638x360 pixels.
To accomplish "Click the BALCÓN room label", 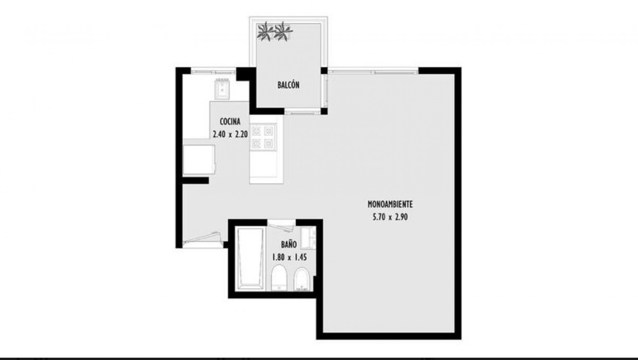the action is [289, 85].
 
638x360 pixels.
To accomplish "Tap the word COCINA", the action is [230, 122].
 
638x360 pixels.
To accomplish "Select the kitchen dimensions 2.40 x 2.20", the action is [230, 134].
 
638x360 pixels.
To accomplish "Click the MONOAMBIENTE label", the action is [390, 204].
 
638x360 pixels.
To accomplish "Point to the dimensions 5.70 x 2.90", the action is [390, 217].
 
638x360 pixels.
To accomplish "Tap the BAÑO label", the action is [289, 244].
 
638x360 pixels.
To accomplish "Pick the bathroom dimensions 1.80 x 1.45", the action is [289, 257].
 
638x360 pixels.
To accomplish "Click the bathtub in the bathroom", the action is [250, 259].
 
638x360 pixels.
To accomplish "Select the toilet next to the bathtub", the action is [279, 278].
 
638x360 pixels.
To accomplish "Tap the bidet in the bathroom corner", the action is [302, 279].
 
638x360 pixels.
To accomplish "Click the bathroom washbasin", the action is [308, 238].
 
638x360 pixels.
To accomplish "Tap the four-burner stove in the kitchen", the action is [263, 137].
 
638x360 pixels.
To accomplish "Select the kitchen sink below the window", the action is [222, 89].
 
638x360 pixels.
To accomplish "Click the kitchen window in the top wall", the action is [213, 71].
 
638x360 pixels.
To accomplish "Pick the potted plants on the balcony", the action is [275, 31].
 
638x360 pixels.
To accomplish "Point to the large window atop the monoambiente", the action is [373, 71].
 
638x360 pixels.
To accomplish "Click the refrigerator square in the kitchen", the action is [199, 160].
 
